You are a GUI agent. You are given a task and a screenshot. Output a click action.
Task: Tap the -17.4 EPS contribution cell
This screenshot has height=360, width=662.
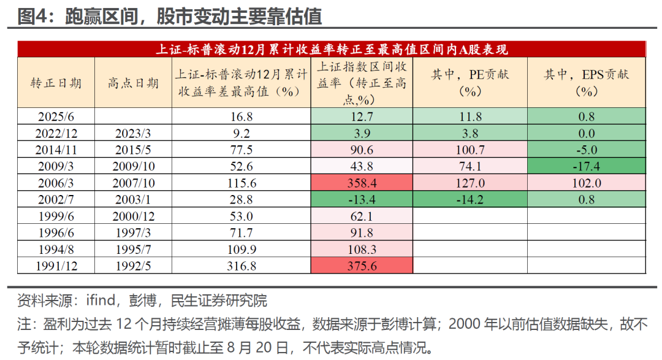click(x=586, y=166)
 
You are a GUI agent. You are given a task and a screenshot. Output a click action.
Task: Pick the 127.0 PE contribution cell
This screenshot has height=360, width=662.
click(x=470, y=183)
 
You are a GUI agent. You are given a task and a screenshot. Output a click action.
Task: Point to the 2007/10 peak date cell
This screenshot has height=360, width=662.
click(x=133, y=183)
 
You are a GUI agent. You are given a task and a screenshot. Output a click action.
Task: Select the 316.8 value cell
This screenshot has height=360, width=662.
click(x=240, y=266)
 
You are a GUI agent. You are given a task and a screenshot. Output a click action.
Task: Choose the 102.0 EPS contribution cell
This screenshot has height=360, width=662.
click(x=586, y=183)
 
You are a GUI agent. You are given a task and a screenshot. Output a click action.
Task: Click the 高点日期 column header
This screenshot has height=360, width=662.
click(x=133, y=83)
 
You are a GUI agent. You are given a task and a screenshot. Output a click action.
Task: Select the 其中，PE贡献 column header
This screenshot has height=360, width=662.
click(x=470, y=83)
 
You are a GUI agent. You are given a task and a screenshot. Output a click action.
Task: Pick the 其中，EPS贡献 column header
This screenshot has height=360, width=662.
click(x=586, y=83)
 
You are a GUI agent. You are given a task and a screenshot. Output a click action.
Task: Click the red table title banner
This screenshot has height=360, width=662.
click(x=332, y=50)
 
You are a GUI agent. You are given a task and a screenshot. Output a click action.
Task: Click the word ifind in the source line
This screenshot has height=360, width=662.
click(x=99, y=301)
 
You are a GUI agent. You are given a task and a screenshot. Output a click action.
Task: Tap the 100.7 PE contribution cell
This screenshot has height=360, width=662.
click(x=470, y=150)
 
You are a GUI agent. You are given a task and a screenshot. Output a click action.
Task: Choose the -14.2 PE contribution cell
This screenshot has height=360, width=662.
click(x=470, y=199)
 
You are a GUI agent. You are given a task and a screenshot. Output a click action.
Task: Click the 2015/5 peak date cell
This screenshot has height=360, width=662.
click(x=133, y=150)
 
